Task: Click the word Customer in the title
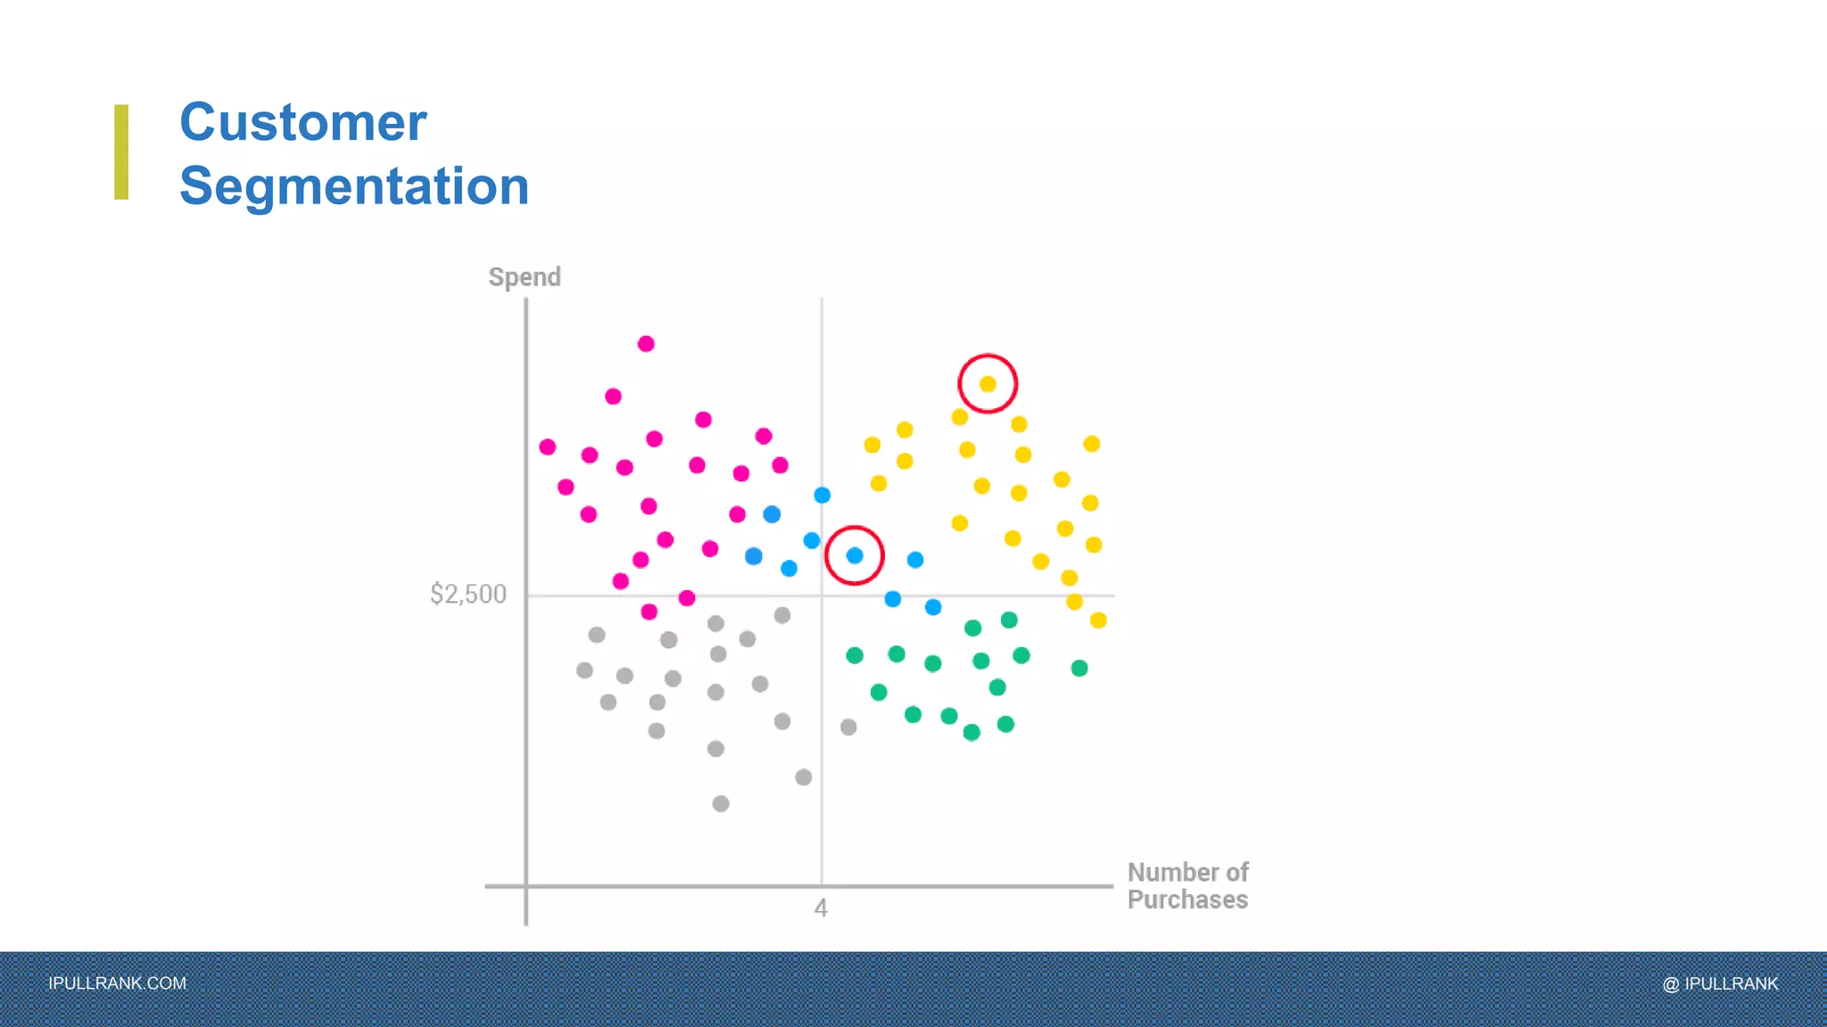[302, 122]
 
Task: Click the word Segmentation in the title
[354, 186]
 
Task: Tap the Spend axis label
[525, 277]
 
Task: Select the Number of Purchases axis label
[1187, 885]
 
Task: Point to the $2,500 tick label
[467, 594]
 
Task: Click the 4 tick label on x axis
[821, 908]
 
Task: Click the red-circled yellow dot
[988, 384]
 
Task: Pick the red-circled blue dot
[855, 555]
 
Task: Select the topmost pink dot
[646, 344]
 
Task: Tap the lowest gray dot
[721, 804]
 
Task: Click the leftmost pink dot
[548, 447]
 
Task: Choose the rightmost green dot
[1079, 668]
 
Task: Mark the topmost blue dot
[823, 495]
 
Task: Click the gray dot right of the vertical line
[848, 727]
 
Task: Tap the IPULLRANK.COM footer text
[117, 983]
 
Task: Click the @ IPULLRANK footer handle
[1720, 983]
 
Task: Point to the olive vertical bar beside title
[121, 152]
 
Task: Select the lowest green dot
[971, 733]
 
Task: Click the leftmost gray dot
[584, 670]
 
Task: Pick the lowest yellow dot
[1098, 620]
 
